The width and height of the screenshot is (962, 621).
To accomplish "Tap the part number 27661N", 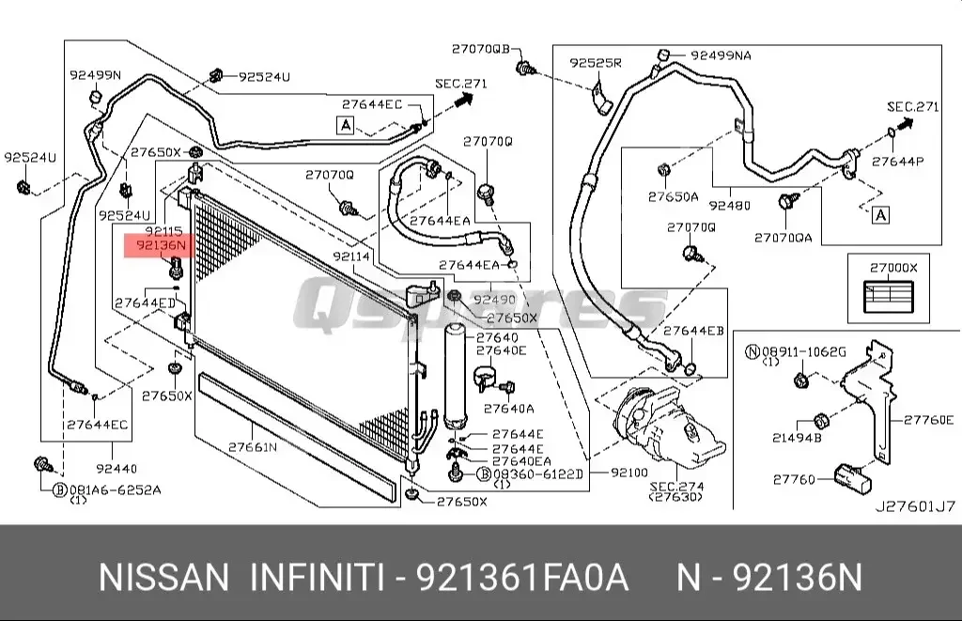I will tap(253, 446).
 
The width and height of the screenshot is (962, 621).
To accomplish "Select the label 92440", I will tap(116, 467).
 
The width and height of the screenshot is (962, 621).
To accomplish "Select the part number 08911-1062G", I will tap(803, 351).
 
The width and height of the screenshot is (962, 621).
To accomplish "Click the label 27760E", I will tap(929, 420).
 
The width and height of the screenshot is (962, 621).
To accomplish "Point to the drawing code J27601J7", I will tap(915, 506).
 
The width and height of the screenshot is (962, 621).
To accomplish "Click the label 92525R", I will tap(596, 63).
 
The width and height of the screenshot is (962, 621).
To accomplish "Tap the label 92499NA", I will tap(721, 55).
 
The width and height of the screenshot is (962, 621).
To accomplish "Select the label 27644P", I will tap(898, 162).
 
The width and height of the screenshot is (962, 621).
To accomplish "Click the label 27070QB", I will tap(480, 48).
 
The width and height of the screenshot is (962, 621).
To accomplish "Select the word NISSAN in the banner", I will tap(163, 576).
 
